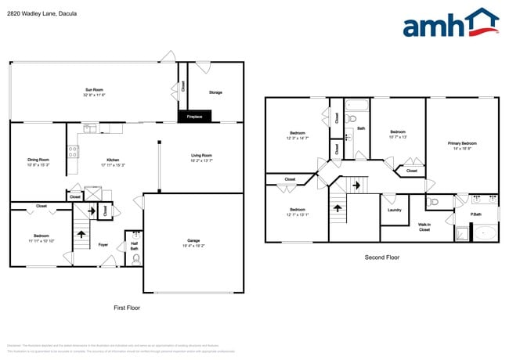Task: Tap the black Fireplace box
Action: [194, 117]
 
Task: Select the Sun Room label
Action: [95, 92]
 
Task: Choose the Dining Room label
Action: [38, 162]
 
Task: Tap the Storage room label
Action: [215, 92]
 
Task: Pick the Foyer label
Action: [103, 245]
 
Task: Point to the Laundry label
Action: [395, 210]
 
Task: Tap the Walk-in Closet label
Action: [424, 228]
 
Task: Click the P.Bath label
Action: [475, 214]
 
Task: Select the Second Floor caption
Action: [382, 257]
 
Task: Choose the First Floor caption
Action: [126, 307]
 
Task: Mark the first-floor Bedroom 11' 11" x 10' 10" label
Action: [41, 238]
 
